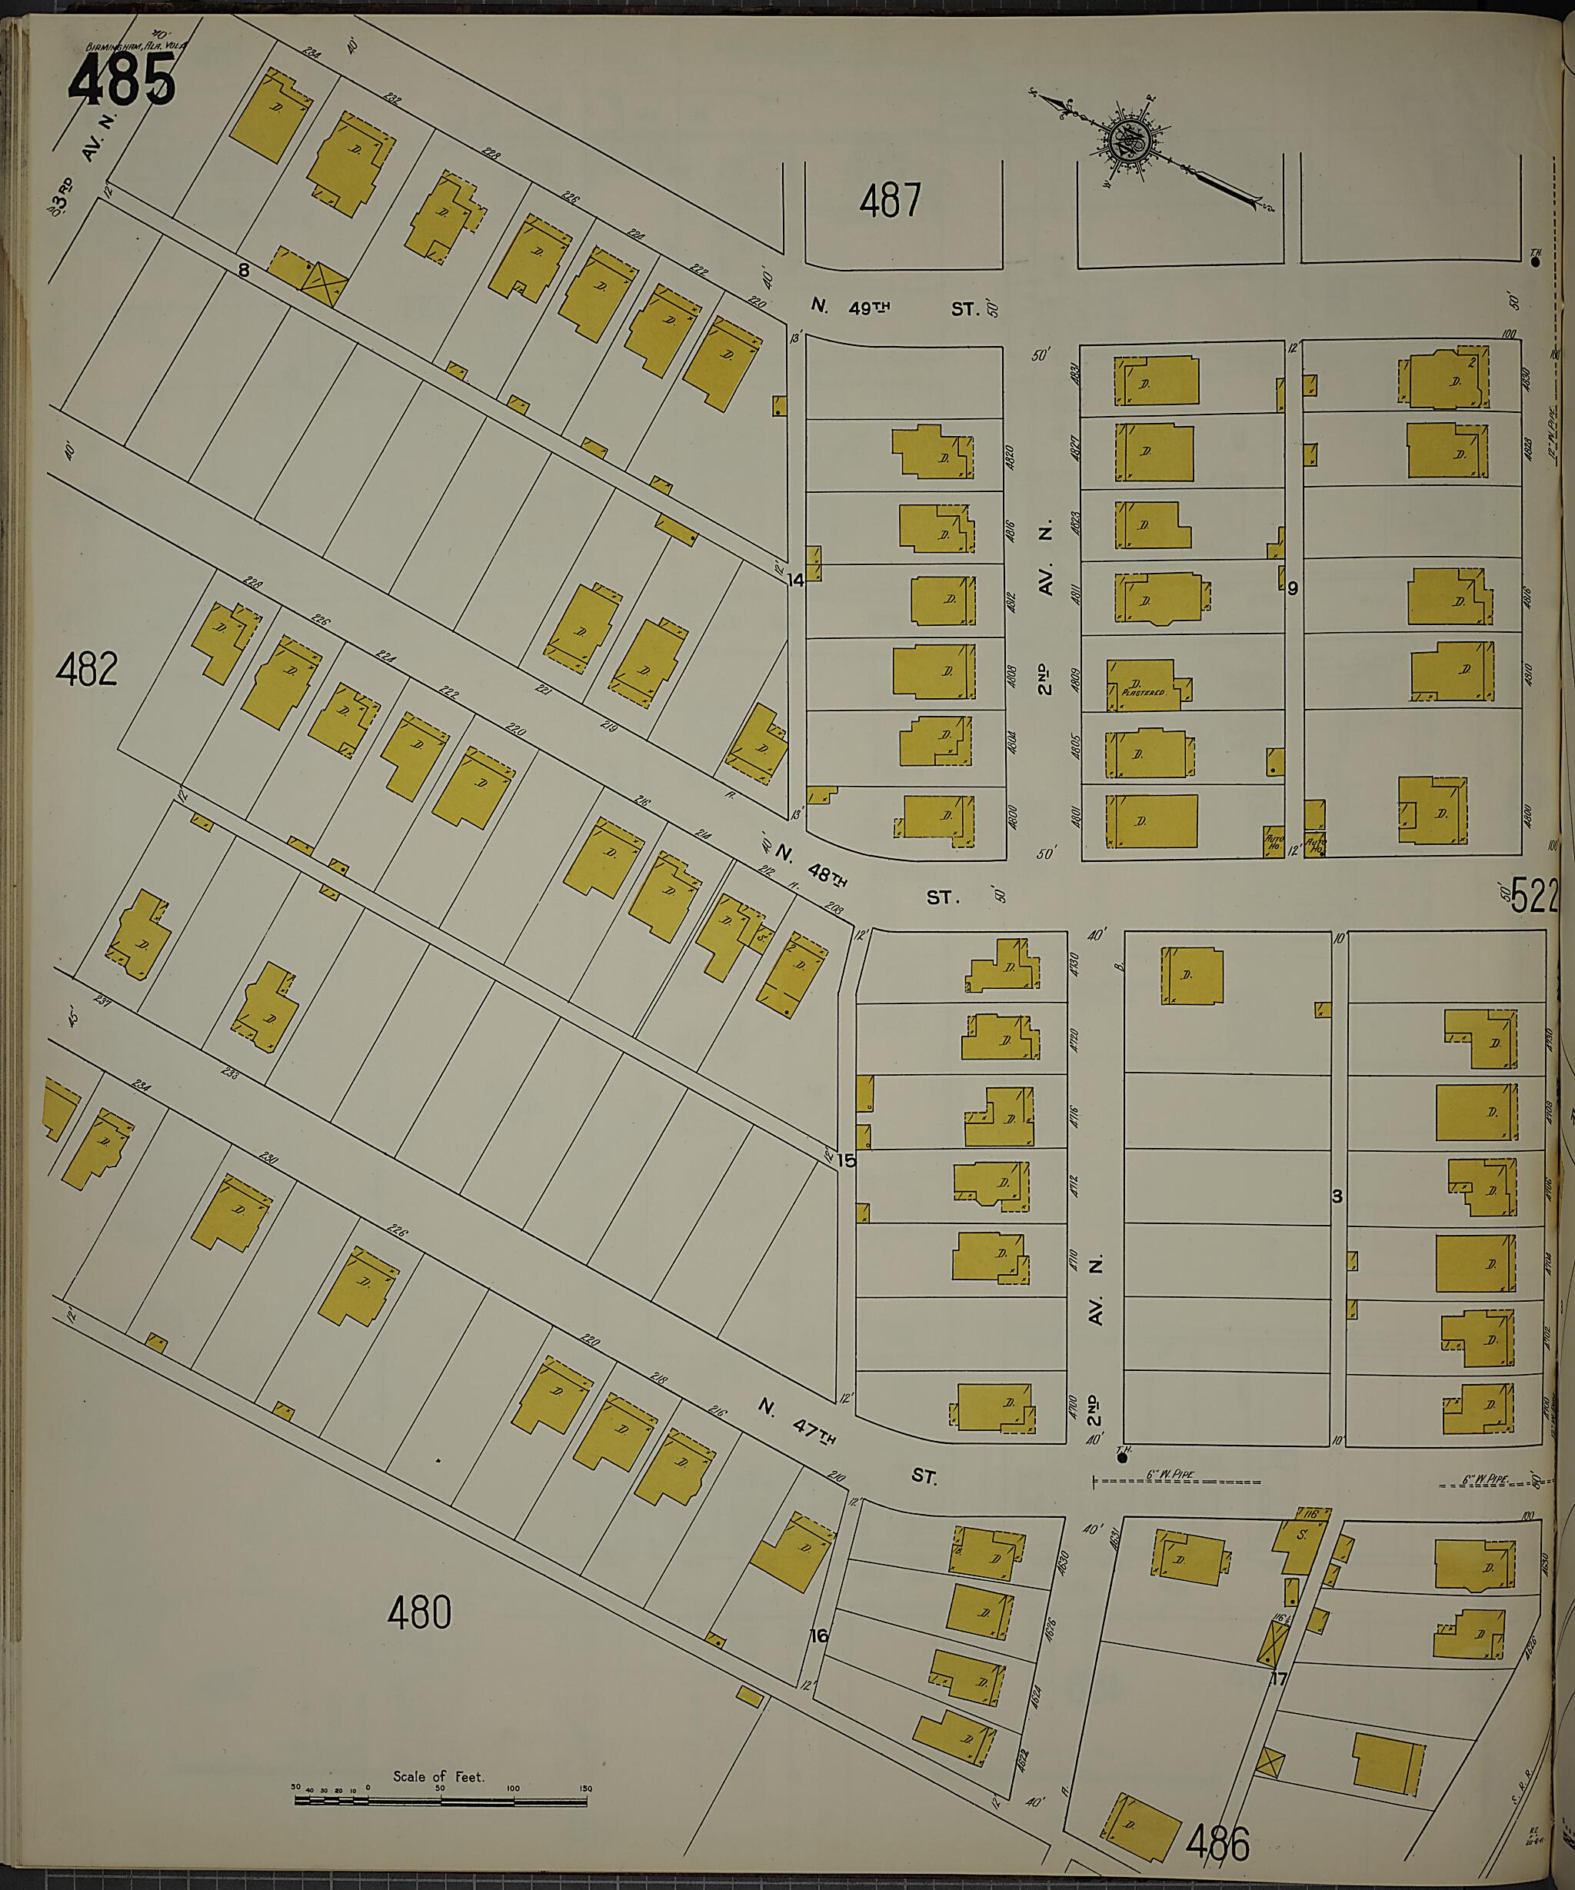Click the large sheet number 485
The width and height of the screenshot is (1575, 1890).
[121, 79]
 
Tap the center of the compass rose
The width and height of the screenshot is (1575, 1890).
[1126, 141]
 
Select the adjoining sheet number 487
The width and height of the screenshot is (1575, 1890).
[889, 200]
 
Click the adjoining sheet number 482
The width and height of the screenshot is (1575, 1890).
[86, 670]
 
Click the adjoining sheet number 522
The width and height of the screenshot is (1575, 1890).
[1533, 897]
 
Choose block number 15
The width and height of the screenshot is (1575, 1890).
[846, 1160]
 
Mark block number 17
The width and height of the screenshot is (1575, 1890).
[1279, 1679]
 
